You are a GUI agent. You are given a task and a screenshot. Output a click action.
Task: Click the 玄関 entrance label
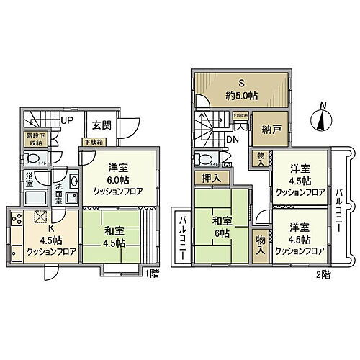(99, 122)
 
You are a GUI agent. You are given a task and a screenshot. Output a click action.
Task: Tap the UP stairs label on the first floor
(67, 120)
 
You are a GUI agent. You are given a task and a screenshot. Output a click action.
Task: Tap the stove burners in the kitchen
(16, 217)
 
